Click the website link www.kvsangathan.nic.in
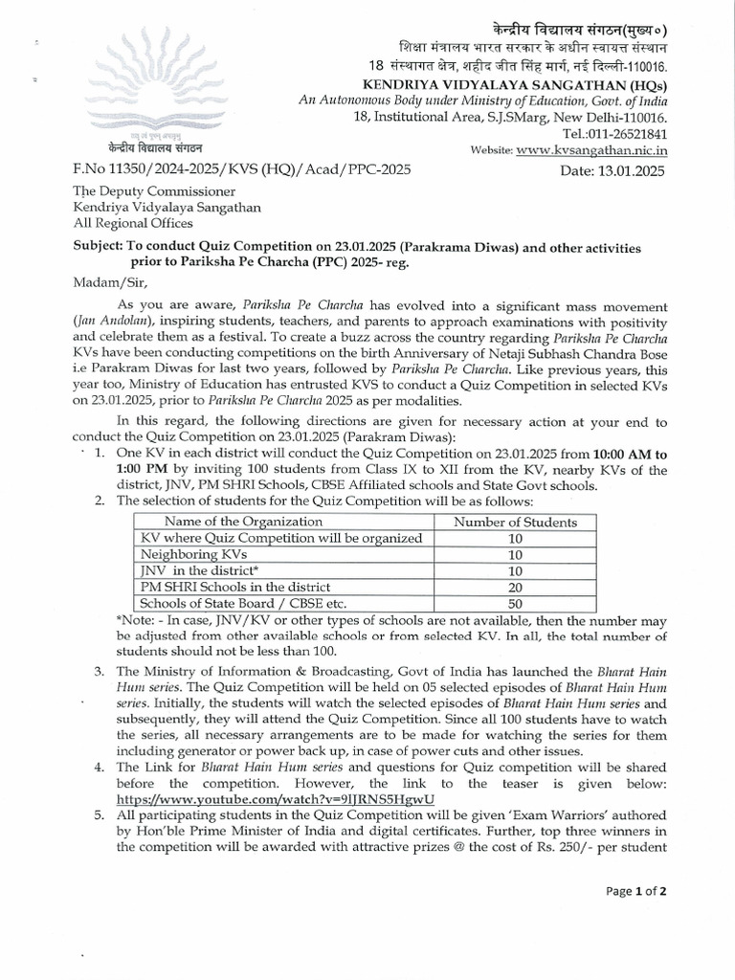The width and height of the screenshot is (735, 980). tap(591, 150)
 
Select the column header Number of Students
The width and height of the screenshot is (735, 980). tap(515, 522)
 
